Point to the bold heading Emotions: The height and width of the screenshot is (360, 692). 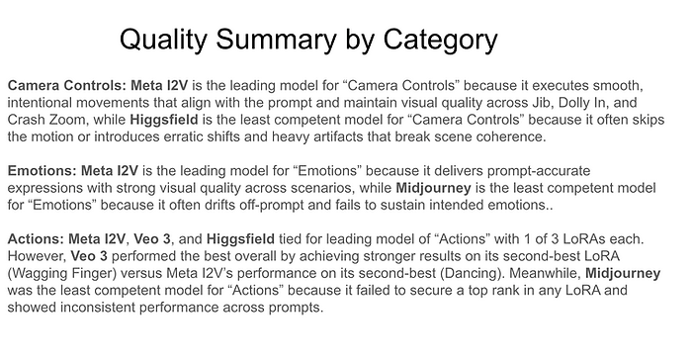pos(42,171)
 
